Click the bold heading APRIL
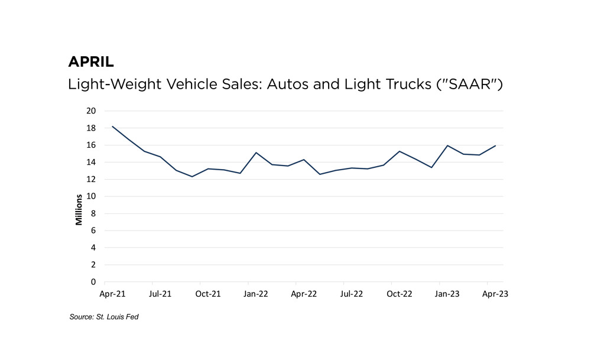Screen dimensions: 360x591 click(x=91, y=62)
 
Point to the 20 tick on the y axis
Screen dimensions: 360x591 click(x=91, y=111)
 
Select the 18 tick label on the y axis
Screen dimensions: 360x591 click(x=91, y=128)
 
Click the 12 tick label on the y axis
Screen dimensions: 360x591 click(x=91, y=179)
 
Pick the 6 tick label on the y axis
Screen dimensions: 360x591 click(x=93, y=231)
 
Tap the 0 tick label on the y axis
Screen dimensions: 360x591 click(x=93, y=282)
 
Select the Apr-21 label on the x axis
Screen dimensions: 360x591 click(x=112, y=293)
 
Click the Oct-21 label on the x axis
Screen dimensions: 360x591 click(x=208, y=293)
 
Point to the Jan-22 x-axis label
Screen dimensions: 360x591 click(x=255, y=293)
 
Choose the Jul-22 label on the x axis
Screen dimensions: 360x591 click(x=352, y=293)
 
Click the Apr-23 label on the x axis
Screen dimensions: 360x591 click(x=495, y=293)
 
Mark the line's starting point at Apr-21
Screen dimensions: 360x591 click(x=112, y=126)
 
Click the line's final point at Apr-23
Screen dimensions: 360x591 click(x=495, y=145)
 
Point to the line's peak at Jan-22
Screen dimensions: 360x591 click(x=255, y=153)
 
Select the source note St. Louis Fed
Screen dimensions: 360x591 click(x=104, y=317)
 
